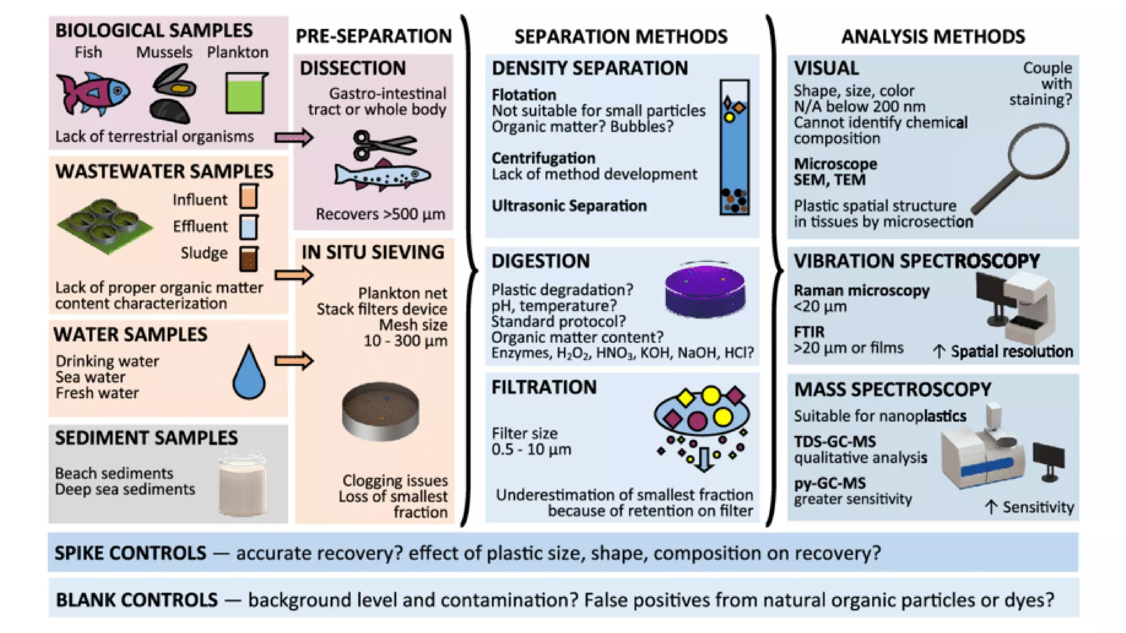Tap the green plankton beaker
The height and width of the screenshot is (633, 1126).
pos(246,93)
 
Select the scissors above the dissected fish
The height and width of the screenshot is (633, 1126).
pos(383,145)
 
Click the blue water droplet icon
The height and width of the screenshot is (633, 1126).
pos(249,373)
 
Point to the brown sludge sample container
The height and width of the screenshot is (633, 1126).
pos(249,258)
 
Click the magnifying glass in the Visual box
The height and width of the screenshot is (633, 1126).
pos(1024,165)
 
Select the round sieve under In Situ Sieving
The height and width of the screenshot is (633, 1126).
pos(380,411)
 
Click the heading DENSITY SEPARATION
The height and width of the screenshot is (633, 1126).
pos(589,68)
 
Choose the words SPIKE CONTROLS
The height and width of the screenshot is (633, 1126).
pos(130,553)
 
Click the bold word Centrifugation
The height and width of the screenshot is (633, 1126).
pos(543,158)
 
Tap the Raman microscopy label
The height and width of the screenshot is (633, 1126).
pos(861,291)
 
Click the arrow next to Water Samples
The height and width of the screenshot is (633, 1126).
pos(294,361)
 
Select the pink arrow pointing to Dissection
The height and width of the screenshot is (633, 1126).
pos(294,137)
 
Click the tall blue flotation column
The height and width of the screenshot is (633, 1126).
pos(735,147)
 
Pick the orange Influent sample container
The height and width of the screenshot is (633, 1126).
pos(249,197)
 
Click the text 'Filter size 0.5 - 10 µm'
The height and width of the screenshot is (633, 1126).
pos(531,441)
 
